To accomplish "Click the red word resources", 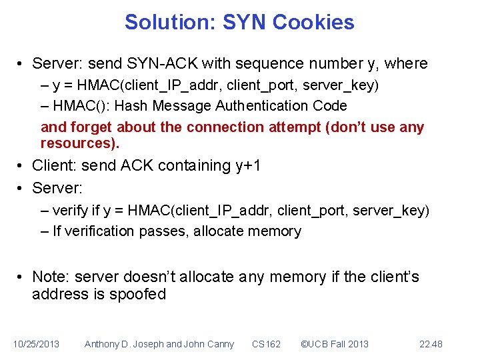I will click(x=79, y=143).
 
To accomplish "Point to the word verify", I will click(x=70, y=211).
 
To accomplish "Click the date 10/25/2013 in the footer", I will click(x=36, y=344).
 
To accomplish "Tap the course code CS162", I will click(x=266, y=344).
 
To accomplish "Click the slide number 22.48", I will click(x=431, y=344).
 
